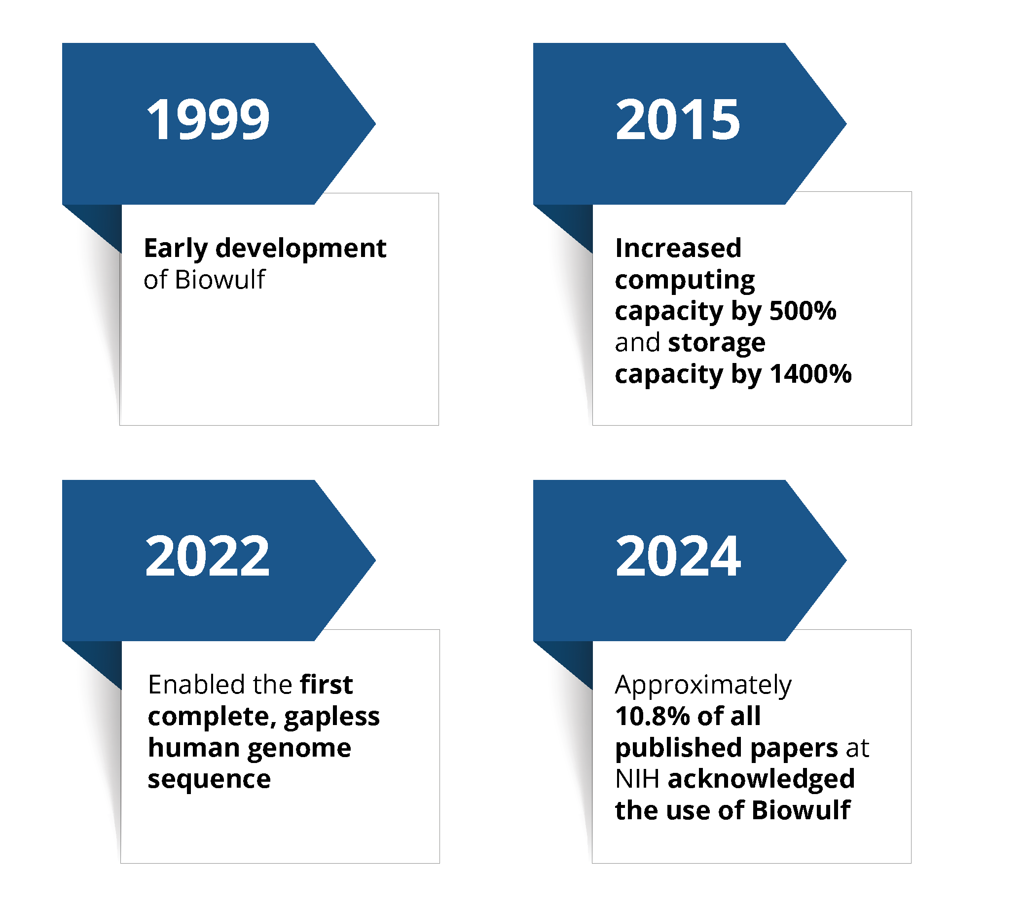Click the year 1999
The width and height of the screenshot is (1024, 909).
tap(208, 119)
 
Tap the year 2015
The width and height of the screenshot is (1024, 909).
tap(678, 119)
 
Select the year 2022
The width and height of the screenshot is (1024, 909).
tap(207, 556)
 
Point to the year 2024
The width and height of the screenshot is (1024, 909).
tap(678, 556)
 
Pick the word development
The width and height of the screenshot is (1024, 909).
tap(301, 248)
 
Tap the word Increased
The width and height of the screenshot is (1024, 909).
tap(678, 248)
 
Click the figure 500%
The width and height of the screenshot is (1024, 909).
tap(803, 311)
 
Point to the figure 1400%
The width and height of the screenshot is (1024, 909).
tap(810, 374)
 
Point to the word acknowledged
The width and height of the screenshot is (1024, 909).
tap(762, 779)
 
